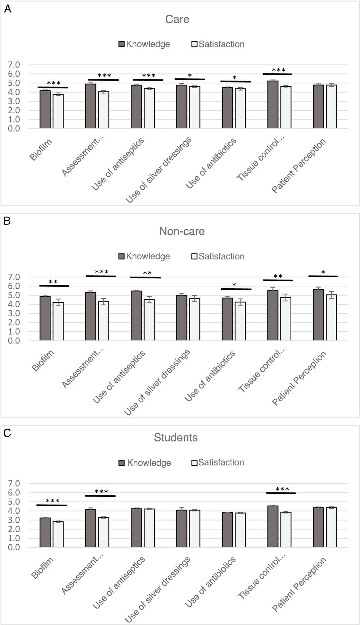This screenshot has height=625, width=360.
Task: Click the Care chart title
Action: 177,19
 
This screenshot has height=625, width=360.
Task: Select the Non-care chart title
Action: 182,231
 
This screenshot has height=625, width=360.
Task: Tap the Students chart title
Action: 176,437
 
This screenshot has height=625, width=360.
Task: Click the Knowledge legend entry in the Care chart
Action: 144,44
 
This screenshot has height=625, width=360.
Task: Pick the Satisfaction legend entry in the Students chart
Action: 218,463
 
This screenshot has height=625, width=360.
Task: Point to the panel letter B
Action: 7,221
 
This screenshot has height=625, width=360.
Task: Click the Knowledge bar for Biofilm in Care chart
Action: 45,110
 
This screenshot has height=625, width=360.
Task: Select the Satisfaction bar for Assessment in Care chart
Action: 104,110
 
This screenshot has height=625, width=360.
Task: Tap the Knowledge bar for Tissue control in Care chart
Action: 273,105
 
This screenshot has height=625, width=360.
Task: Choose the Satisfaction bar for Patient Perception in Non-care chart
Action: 331,318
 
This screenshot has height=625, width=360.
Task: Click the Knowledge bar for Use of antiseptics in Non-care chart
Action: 136,316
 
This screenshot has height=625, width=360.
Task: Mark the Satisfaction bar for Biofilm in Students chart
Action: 58,534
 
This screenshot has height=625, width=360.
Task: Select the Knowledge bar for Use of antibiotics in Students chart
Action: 227,530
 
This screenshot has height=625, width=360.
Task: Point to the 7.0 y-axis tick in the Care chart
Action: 14,65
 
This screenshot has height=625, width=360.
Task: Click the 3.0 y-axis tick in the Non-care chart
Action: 14,313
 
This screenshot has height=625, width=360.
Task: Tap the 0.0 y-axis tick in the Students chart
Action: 14,548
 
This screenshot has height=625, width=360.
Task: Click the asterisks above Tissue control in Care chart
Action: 278,70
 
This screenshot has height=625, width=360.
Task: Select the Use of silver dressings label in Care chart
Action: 159,170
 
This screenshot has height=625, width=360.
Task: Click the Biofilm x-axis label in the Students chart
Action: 42,568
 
